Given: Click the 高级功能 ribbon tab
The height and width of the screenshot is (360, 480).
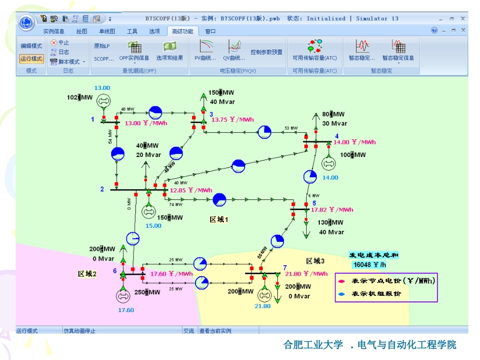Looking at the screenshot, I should pyautogui.click(x=182, y=31).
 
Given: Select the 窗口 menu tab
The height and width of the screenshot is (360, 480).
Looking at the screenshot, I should pyautogui.click(x=210, y=31).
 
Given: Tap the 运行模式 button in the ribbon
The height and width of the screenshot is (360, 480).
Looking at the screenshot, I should pyautogui.click(x=31, y=59).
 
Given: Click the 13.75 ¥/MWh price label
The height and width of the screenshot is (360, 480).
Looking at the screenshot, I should pyautogui.click(x=232, y=120).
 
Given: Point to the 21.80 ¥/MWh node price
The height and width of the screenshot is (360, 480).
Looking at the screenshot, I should pyautogui.click(x=306, y=274).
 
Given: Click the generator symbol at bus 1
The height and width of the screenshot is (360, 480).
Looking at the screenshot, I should pyautogui.click(x=103, y=101).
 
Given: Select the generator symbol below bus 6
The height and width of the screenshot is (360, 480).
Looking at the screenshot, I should pyautogui.click(x=124, y=296).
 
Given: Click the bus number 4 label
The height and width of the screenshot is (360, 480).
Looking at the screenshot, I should pyautogui.click(x=337, y=136).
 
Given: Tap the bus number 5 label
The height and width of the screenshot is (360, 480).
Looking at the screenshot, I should pyautogui.click(x=314, y=203).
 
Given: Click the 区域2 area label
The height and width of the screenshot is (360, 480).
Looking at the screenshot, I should pyautogui.click(x=87, y=274).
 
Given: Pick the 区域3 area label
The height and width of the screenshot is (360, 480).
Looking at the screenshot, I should pyautogui.click(x=315, y=261).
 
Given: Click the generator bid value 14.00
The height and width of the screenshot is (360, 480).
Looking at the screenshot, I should pyautogui.click(x=330, y=178).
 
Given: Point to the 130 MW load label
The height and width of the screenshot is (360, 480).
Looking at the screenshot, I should pyautogui.click(x=330, y=222).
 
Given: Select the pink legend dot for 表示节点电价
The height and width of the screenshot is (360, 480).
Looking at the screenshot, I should pyautogui.click(x=342, y=281).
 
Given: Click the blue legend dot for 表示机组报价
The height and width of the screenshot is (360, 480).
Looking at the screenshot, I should pyautogui.click(x=342, y=293).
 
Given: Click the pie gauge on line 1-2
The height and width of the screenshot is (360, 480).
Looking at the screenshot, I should pyautogui.click(x=118, y=154).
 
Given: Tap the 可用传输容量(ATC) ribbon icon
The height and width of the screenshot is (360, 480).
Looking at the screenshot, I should pyautogui.click(x=314, y=48).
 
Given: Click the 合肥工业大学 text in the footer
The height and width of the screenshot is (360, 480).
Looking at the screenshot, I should pyautogui.click(x=313, y=345).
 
